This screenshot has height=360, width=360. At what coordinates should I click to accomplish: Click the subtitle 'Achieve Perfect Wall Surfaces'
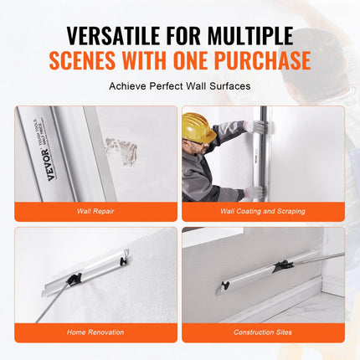179,86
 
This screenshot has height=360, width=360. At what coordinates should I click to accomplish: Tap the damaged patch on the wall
121,152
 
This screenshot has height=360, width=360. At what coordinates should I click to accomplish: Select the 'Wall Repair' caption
95,211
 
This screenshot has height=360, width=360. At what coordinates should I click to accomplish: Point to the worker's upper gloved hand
258,127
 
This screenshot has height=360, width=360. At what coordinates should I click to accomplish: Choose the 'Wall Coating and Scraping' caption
263,211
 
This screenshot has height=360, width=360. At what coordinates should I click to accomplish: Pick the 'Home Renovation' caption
95,332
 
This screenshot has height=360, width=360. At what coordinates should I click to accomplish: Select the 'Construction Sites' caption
263,332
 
